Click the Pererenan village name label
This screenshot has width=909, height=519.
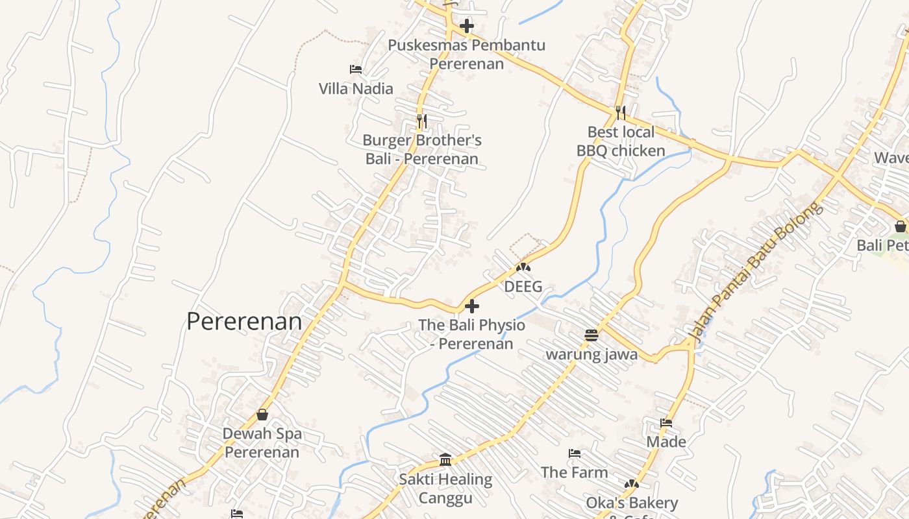coord(244,322)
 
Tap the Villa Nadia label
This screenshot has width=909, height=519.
coord(356,89)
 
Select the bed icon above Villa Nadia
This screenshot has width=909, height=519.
coord(355,69)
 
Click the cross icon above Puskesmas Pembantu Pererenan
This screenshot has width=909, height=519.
coord(466,27)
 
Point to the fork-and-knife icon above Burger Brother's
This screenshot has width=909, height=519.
coord(421,121)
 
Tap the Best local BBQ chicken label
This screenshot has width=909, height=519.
coord(621,141)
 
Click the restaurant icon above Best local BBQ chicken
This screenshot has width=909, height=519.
coord(621,113)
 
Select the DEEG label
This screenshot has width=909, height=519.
coord(523,287)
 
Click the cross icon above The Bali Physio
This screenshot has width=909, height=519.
coord(472,306)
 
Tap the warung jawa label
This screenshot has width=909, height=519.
coord(591,354)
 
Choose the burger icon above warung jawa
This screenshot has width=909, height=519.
coord(591,335)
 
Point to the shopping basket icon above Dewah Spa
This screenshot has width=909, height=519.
coord(262,415)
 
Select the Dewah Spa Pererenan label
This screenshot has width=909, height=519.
coord(262,442)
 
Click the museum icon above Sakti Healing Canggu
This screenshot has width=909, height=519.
coord(445,460)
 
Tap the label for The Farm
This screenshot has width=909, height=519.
coord(575,472)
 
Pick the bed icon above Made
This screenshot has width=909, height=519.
coord(666,423)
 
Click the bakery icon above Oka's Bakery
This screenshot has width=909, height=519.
coord(631,484)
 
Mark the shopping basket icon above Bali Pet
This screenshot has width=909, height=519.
coord(900,226)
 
